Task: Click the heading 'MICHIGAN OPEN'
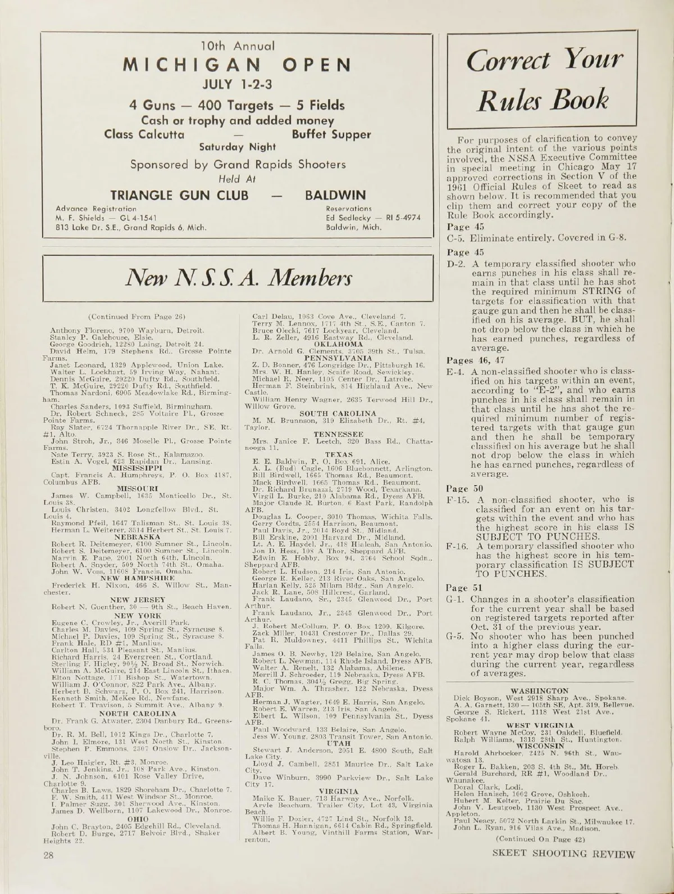point(238,65)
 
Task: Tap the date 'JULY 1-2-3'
point(239,85)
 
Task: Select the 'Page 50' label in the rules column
point(459,489)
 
